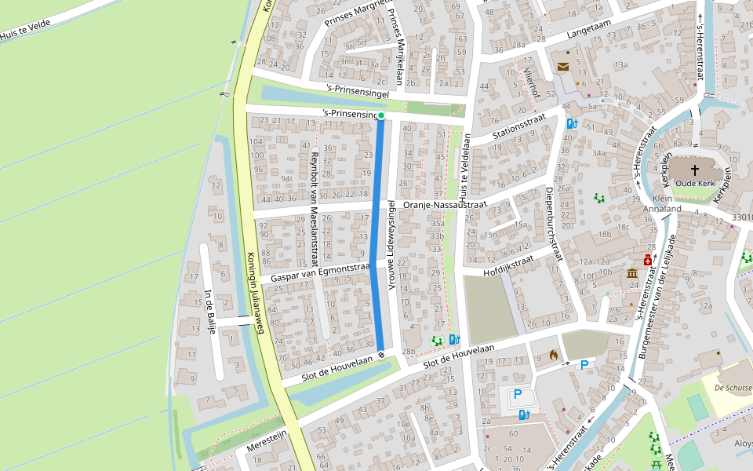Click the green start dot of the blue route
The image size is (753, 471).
(381, 116)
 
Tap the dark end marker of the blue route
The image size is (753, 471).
(381, 355)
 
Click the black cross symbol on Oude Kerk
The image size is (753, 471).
(695, 170)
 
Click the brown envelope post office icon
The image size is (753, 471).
(563, 67)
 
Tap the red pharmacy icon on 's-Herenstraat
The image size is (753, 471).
(648, 260)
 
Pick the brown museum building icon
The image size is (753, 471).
(632, 273)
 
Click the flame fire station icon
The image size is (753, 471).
(555, 356)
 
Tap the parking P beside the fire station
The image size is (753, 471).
(584, 364)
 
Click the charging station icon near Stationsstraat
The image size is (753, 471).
(572, 123)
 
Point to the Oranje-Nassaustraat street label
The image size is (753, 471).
(445, 205)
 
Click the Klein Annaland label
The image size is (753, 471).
(661, 204)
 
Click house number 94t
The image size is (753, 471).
(287, 178)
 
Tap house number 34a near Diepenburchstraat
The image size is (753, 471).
(599, 153)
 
